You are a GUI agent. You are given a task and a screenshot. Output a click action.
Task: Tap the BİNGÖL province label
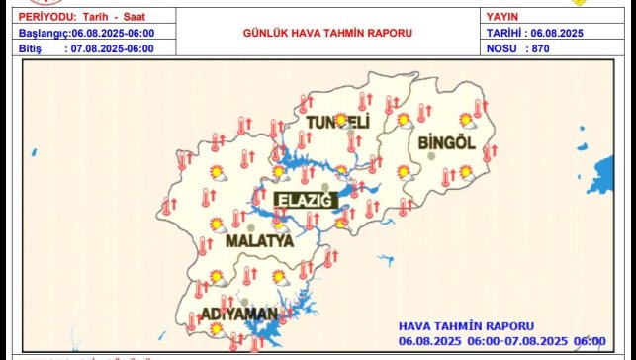pyautogui.click(x=447, y=142)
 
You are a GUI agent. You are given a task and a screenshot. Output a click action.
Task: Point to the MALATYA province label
pyautogui.click(x=259, y=240)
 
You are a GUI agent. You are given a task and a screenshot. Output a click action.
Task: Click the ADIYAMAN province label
pyautogui.click(x=238, y=314)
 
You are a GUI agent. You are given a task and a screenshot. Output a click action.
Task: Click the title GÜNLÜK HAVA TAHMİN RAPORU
pyautogui.click(x=327, y=33)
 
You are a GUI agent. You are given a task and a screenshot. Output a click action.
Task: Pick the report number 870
pyautogui.click(x=539, y=47)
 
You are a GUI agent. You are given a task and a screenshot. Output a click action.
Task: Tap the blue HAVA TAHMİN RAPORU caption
pyautogui.click(x=466, y=325)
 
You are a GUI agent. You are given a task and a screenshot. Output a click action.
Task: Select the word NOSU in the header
pyautogui.click(x=502, y=47)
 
